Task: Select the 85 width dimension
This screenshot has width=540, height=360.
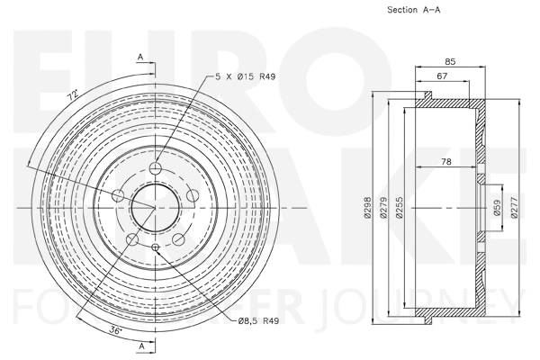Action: tap(449, 61)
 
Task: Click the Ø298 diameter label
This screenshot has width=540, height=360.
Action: tap(366, 208)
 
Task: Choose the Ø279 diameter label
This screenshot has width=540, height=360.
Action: tap(383, 208)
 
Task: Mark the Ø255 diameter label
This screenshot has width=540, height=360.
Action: tap(400, 208)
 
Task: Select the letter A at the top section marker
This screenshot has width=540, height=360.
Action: tap(140, 57)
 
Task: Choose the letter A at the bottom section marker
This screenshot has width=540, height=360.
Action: tap(140, 346)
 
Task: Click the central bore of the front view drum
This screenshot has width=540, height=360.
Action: tap(155, 207)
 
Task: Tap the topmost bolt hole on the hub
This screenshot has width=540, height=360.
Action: tap(155, 169)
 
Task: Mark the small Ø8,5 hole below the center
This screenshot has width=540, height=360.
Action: tap(155, 247)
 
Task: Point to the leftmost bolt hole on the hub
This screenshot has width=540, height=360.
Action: tap(119, 195)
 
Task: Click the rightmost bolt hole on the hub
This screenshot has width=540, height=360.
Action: tap(192, 195)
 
